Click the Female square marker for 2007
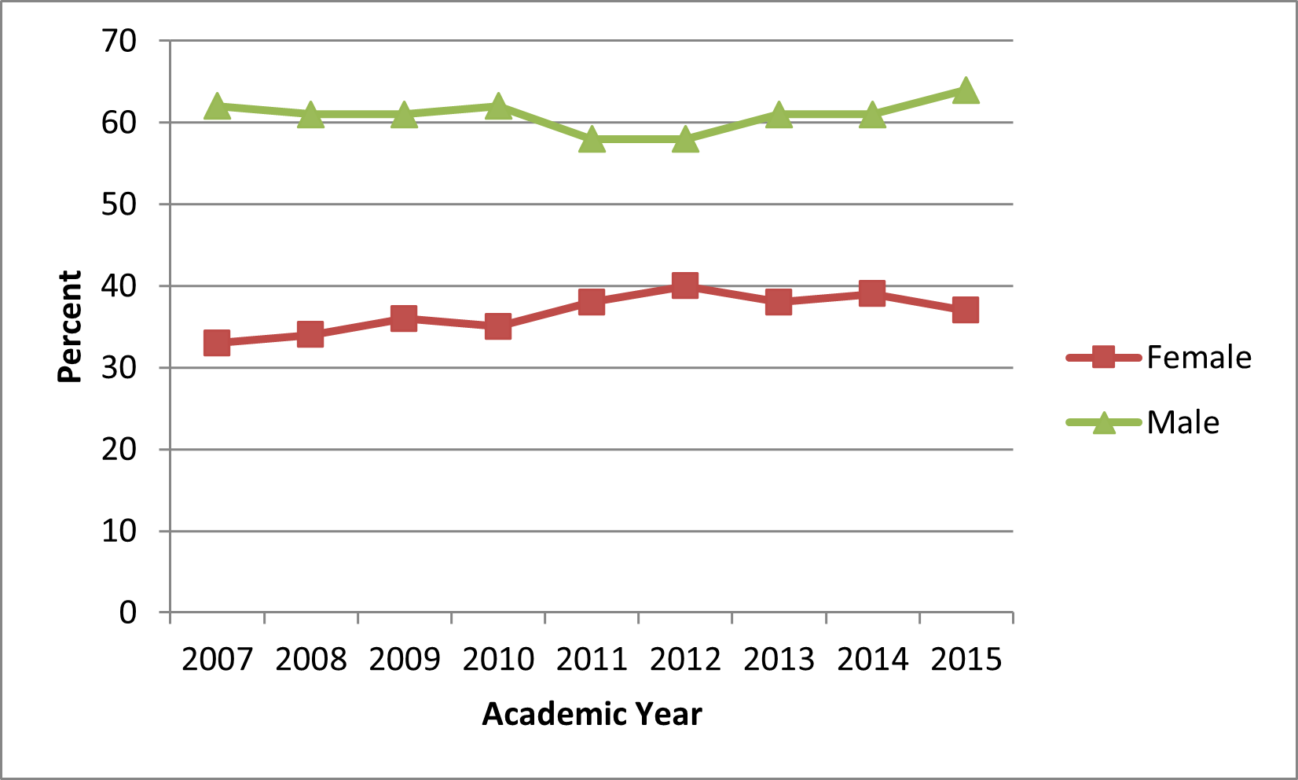click(x=217, y=343)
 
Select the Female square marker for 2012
click(x=685, y=285)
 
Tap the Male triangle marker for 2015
click(x=966, y=91)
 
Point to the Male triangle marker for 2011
click(x=592, y=140)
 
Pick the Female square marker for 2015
click(x=966, y=310)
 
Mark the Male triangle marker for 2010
click(x=498, y=107)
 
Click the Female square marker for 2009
click(x=404, y=318)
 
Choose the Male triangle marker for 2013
click(x=779, y=116)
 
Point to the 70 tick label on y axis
click(x=119, y=41)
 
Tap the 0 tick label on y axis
click(x=128, y=613)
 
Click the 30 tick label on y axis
click(x=119, y=367)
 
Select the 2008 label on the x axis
click(x=310, y=659)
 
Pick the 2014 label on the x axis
click(x=872, y=659)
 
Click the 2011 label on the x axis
click(x=592, y=659)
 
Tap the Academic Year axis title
click(x=592, y=714)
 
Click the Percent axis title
click(x=70, y=326)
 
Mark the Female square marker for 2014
click(x=872, y=294)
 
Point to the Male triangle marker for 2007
click(x=217, y=107)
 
